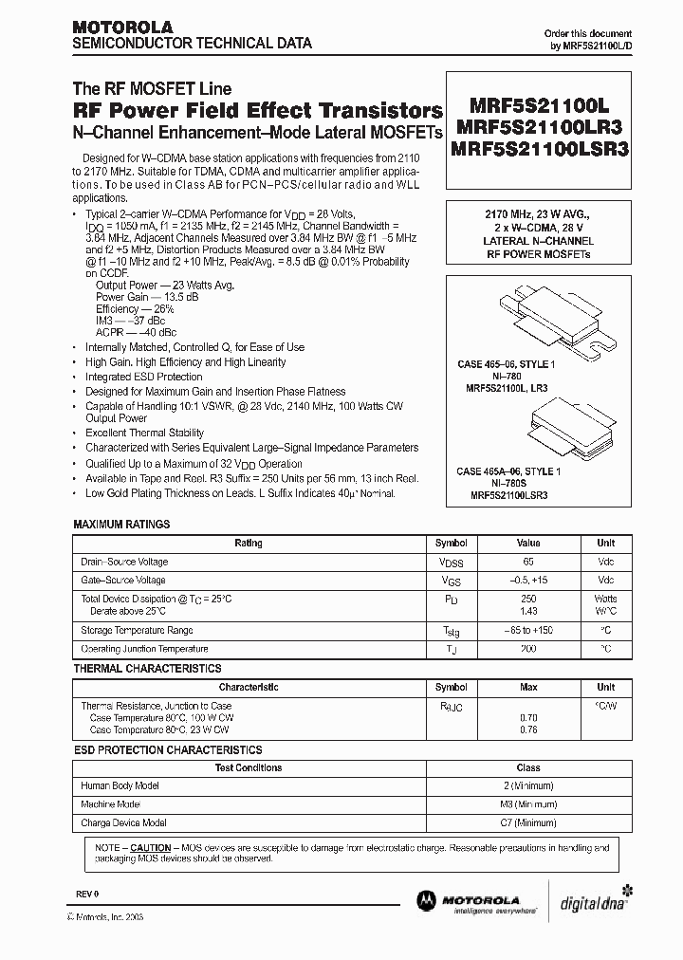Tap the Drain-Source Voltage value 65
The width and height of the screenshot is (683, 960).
[528, 562]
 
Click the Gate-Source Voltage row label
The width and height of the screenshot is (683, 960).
[123, 580]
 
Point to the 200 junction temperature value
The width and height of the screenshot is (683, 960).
[528, 649]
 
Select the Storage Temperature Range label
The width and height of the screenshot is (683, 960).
[137, 631]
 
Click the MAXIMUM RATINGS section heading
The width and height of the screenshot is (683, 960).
[121, 524]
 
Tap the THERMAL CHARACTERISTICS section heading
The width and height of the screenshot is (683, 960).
[147, 669]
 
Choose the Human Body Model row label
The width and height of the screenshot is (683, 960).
[120, 786]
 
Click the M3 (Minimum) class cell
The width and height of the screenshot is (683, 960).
[528, 804]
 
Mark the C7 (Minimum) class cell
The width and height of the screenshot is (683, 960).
[528, 822]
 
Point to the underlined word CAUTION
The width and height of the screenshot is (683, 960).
[150, 847]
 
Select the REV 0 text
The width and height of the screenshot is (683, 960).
[86, 894]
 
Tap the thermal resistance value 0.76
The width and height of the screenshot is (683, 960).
[528, 729]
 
